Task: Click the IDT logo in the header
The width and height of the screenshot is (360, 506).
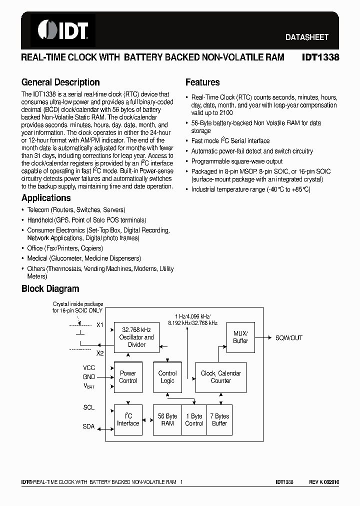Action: tap(62, 30)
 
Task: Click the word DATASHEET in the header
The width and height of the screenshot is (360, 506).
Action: tap(306, 37)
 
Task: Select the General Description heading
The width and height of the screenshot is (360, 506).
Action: tap(60, 82)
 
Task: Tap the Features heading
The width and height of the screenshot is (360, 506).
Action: tap(202, 82)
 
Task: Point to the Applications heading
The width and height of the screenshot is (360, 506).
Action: tap(46, 198)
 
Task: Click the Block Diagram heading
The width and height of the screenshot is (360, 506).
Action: tap(50, 288)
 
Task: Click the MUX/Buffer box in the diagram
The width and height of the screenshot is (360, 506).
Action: tap(240, 337)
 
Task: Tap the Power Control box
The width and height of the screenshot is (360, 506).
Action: tap(128, 376)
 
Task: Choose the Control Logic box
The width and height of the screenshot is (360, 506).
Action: tap(167, 376)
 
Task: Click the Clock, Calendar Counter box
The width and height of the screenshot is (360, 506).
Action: tap(220, 376)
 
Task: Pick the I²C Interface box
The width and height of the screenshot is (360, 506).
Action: tap(128, 419)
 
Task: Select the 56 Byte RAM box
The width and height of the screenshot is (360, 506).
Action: tap(167, 419)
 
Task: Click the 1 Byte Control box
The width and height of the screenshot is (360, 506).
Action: tap(194, 419)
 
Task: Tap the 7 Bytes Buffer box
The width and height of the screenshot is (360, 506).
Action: tap(219, 419)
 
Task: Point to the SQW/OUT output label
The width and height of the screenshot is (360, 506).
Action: tap(289, 337)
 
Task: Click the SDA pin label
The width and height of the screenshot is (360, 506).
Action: tap(88, 426)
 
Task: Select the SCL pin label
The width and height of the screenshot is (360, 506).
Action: tap(88, 407)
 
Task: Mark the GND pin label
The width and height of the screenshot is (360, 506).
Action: tap(88, 377)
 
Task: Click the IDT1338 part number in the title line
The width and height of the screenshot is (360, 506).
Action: tap(320, 57)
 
